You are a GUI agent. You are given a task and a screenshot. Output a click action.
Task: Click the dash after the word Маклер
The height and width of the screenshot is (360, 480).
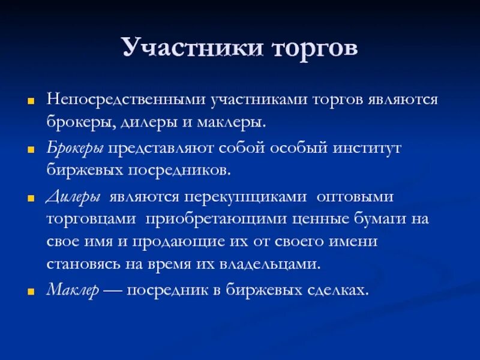[x=113, y=290]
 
